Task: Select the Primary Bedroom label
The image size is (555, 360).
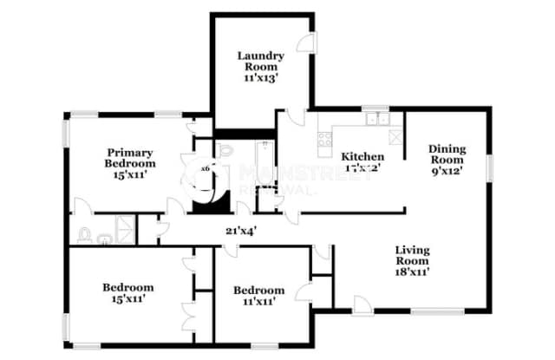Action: point(131,157)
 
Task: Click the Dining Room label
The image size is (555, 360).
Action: point(447,154)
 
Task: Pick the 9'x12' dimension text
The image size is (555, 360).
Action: point(447,170)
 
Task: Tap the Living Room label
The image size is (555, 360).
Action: point(413,255)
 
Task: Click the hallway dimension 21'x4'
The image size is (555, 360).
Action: point(239,231)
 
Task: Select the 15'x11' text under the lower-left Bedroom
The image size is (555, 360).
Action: point(128,299)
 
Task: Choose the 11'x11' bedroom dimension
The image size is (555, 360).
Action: point(258,303)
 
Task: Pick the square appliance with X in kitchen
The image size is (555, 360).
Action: point(395,136)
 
